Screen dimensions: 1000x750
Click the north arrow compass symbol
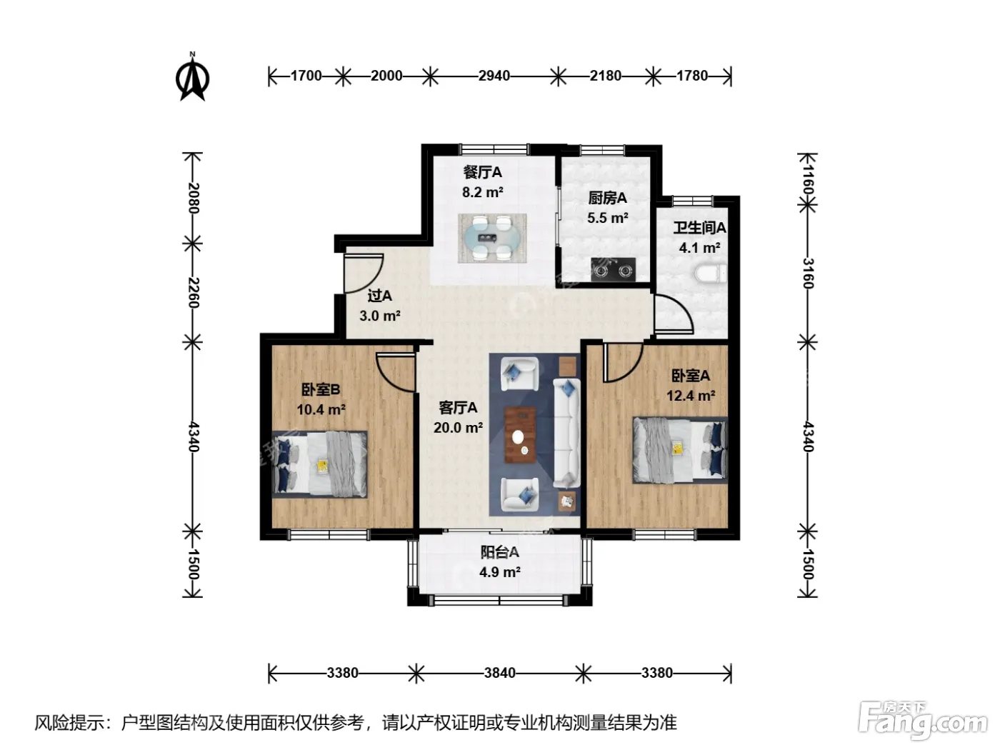pyautogui.click(x=192, y=76)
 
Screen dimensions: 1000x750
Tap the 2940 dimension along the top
pyautogui.click(x=494, y=76)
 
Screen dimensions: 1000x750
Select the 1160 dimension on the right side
pyautogui.click(x=807, y=179)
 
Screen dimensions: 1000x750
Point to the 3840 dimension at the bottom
pyautogui.click(x=499, y=673)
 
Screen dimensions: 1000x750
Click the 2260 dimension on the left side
pyautogui.click(x=193, y=292)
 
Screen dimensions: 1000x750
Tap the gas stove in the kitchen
pyautogui.click(x=613, y=270)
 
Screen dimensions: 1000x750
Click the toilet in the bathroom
pyautogui.click(x=711, y=274)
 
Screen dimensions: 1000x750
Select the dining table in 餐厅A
pyautogui.click(x=492, y=238)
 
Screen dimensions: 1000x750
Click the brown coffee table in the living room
pyautogui.click(x=520, y=434)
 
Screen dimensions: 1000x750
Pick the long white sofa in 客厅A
pyautogui.click(x=566, y=433)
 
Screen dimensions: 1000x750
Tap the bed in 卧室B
pyautogui.click(x=319, y=464)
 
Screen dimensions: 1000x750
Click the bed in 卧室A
pyautogui.click(x=680, y=450)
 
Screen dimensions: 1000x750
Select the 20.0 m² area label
pyautogui.click(x=458, y=428)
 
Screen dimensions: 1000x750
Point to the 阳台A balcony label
pyautogui.click(x=499, y=552)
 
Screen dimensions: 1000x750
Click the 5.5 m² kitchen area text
pyautogui.click(x=607, y=218)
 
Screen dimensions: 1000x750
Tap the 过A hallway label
pyautogui.click(x=379, y=296)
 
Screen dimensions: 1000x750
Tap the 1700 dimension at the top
pyautogui.click(x=306, y=76)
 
